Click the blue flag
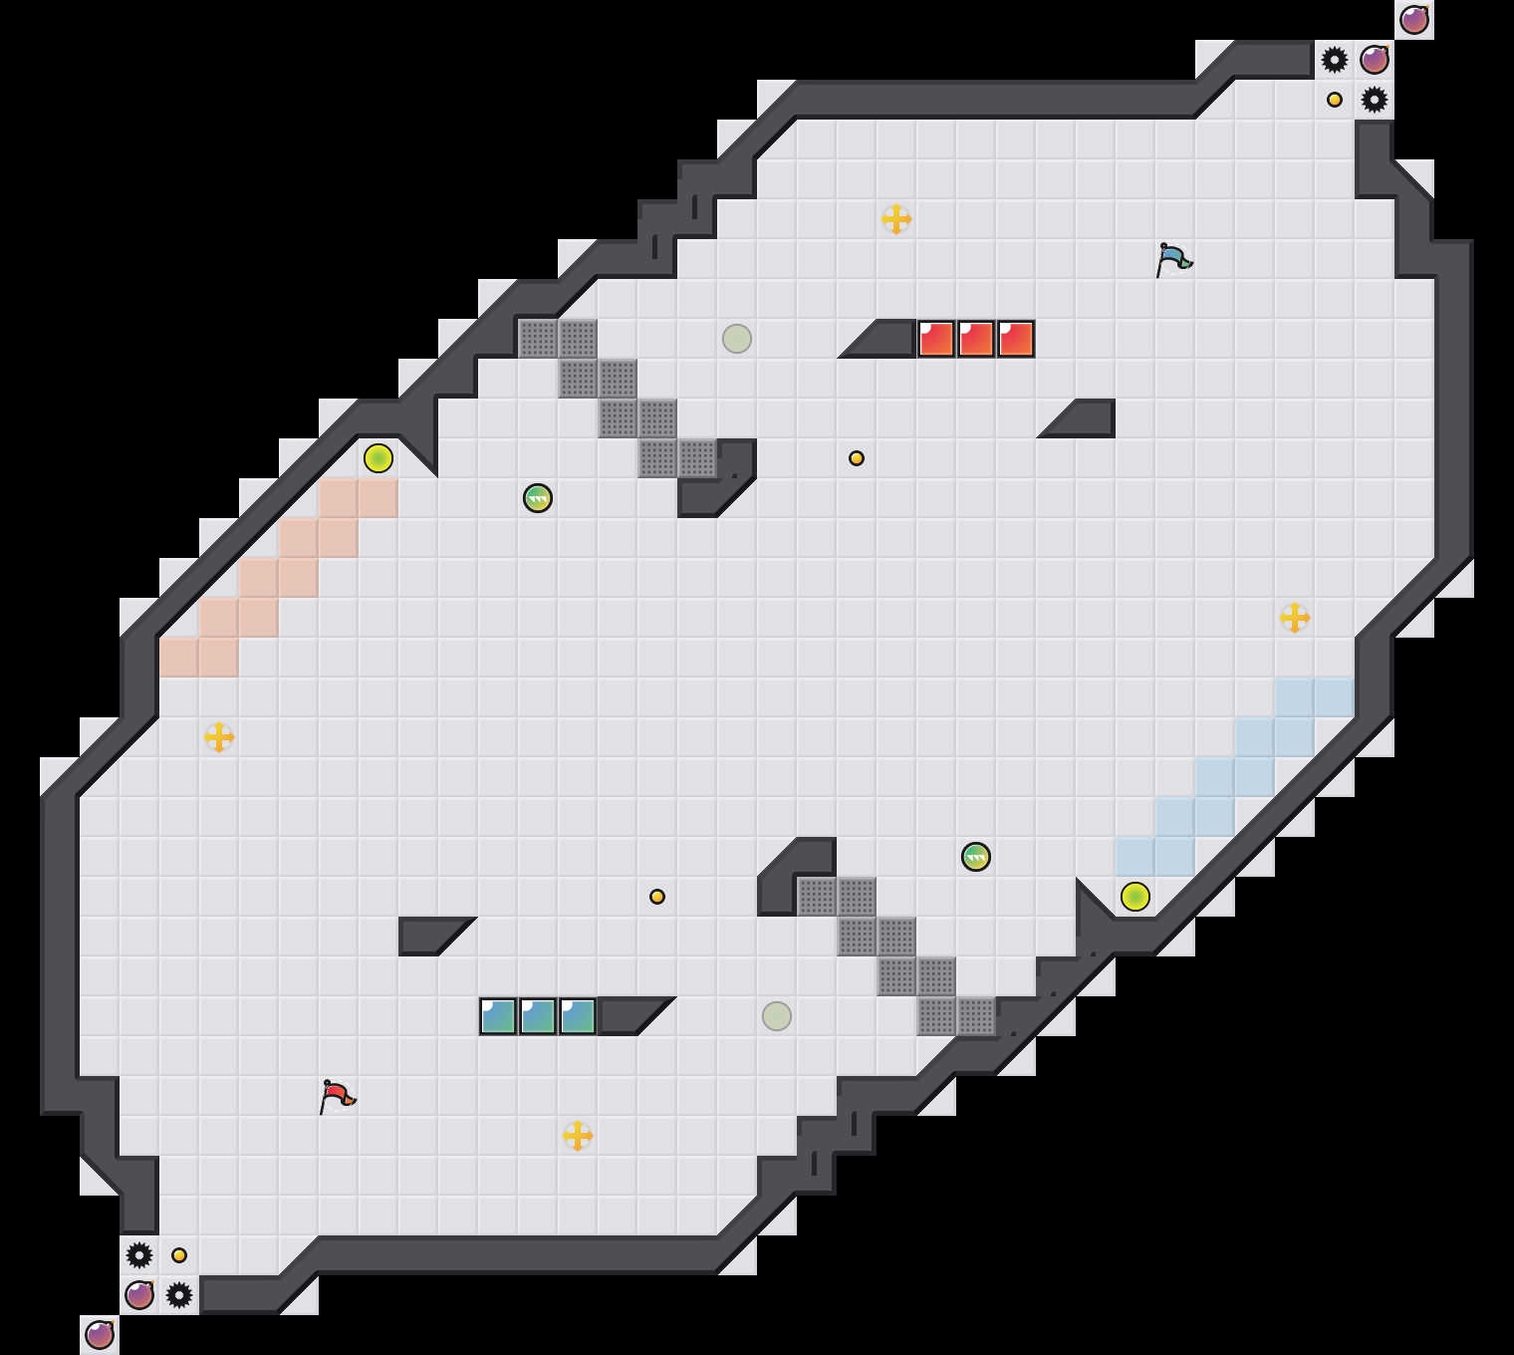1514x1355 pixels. tap(1173, 259)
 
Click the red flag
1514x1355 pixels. tap(337, 1096)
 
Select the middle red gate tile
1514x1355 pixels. tap(976, 339)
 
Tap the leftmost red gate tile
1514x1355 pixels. tap(936, 339)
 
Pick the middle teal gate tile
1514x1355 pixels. tap(538, 1016)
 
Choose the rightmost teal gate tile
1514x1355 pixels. tap(578, 1016)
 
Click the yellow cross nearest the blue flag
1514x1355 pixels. tap(896, 219)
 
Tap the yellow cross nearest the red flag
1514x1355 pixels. tap(578, 1136)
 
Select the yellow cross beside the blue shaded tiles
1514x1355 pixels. tap(1295, 618)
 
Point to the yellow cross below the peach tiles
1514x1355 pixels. tap(219, 737)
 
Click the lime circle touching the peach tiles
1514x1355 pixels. tap(378, 458)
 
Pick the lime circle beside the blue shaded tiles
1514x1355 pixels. tap(1135, 897)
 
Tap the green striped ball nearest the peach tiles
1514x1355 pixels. tap(538, 498)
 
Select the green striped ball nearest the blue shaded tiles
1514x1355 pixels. tap(976, 857)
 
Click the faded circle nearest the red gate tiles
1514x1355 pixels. tap(737, 339)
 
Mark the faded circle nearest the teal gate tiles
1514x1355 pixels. tap(777, 1016)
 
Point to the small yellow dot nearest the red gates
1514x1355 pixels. tap(857, 458)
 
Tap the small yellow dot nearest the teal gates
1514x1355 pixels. tap(657, 897)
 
